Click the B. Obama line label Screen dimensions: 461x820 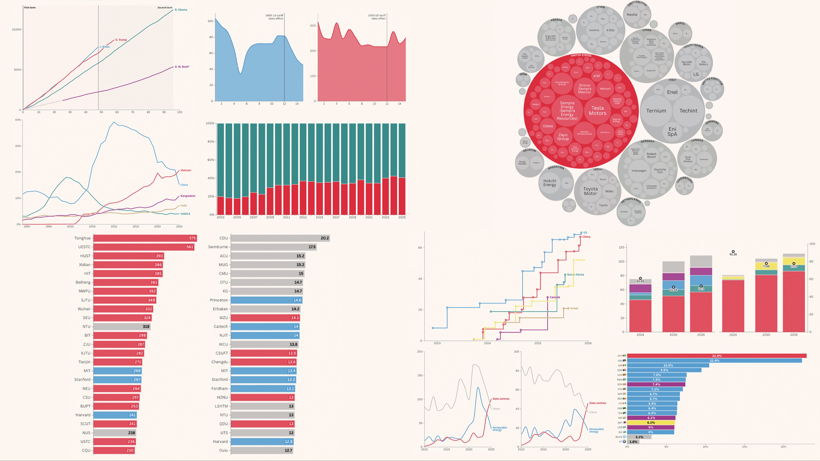(x=181, y=10)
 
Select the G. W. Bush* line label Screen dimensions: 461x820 (x=182, y=67)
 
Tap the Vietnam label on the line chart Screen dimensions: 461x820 (x=186, y=170)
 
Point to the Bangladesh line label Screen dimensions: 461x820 (x=188, y=196)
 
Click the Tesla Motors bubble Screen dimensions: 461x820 (x=597, y=110)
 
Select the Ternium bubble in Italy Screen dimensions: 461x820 (x=656, y=111)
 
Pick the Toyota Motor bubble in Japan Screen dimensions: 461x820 (x=591, y=191)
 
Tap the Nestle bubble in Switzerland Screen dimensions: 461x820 (x=632, y=15)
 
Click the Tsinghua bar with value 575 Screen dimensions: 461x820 (x=145, y=238)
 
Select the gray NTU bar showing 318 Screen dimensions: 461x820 (x=122, y=327)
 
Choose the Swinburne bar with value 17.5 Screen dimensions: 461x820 (x=273, y=247)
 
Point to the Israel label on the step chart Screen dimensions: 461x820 (x=574, y=308)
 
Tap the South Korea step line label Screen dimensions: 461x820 (x=576, y=275)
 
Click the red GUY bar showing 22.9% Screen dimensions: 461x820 (x=717, y=356)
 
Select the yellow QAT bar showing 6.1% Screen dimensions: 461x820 (x=651, y=422)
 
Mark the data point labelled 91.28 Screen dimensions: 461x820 (x=733, y=252)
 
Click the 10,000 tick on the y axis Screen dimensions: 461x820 (x=16, y=30)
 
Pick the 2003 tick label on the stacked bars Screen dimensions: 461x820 (x=220, y=217)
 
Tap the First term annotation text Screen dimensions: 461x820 (x=30, y=8)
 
